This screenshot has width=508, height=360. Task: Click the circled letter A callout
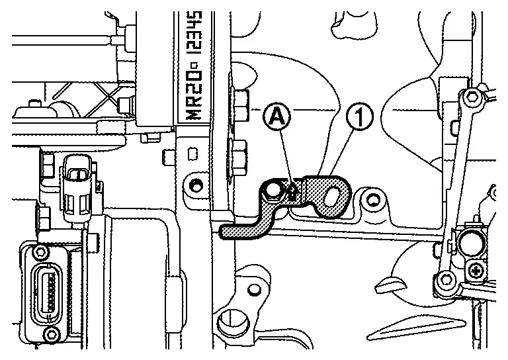click(x=276, y=117)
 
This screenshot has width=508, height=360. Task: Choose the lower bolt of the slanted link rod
click(x=446, y=279)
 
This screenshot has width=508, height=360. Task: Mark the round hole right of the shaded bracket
click(x=372, y=199)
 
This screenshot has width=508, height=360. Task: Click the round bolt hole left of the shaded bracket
click(x=194, y=186)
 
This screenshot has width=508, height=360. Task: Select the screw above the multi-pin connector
click(x=40, y=250)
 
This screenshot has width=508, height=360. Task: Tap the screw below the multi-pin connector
click(x=50, y=332)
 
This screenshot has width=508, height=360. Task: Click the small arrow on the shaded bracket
click(x=292, y=191)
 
